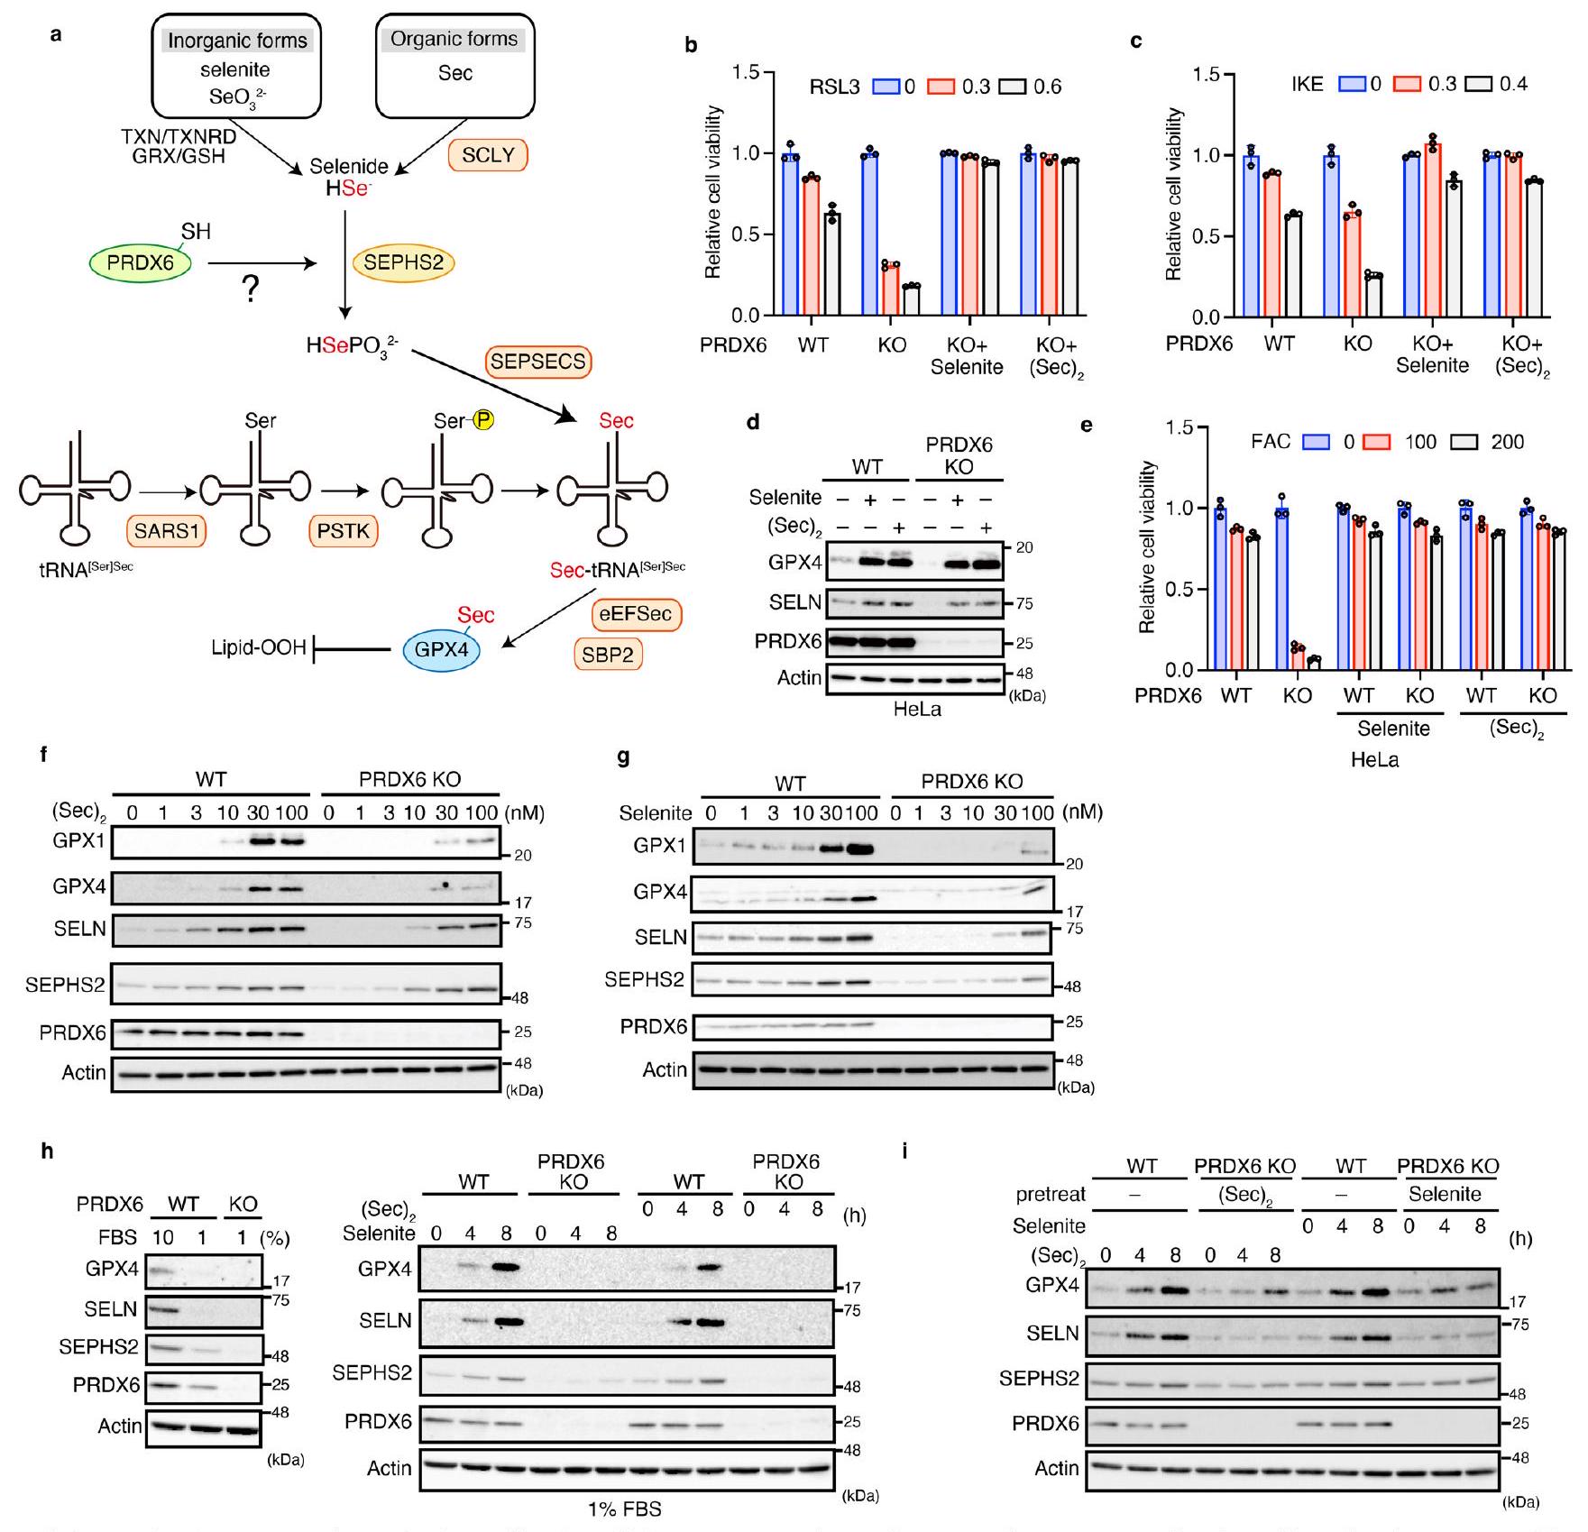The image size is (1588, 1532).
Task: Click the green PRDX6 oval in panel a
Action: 141,263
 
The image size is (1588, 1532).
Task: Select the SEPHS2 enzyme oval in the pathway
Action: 403,263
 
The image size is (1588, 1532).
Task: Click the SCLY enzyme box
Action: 487,155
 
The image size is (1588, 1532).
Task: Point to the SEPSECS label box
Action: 538,362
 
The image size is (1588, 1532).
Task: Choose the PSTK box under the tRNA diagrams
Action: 344,530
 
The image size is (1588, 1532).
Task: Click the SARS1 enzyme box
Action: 166,530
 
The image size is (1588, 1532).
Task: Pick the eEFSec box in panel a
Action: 636,614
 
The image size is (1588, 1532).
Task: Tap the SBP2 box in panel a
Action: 608,654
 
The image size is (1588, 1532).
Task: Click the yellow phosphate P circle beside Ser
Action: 483,420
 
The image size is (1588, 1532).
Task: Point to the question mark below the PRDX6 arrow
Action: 250,289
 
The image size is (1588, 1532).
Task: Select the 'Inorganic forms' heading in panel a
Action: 237,41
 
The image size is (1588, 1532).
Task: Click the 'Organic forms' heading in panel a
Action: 454,39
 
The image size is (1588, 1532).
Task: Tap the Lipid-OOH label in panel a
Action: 258,647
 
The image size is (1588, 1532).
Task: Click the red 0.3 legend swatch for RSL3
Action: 941,87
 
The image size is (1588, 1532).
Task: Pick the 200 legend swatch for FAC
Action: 1464,442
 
